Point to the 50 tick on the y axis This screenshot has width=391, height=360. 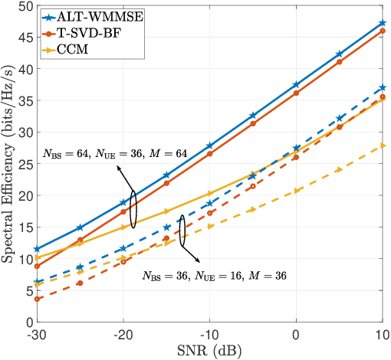pos(23,5)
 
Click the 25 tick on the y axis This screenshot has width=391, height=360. pos(23,164)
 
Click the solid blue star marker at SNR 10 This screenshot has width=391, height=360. pos(383,23)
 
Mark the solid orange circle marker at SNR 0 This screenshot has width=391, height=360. pos(296,93)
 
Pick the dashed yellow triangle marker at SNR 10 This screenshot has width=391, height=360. pos(383,145)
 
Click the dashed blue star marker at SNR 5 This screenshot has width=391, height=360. pos(340,118)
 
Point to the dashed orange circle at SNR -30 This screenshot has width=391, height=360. pos(38,299)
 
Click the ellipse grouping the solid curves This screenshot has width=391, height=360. pos(133,209)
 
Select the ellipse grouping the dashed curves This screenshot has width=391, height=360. pos(182,231)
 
